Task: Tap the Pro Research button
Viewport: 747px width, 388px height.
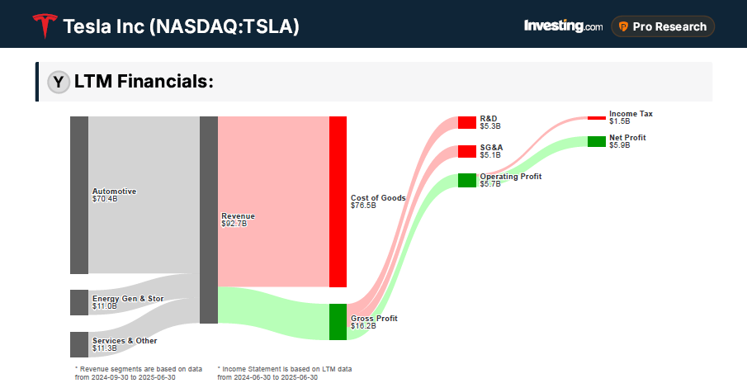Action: tap(663, 26)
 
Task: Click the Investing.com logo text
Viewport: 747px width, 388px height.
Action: tap(563, 26)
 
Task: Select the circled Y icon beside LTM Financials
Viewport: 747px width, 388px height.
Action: tap(58, 82)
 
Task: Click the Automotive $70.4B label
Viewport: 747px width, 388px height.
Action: tap(114, 195)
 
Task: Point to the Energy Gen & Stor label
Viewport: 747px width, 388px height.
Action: tap(127, 302)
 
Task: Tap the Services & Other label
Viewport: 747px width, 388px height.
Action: tap(124, 344)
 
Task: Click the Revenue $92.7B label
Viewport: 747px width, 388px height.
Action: tap(239, 220)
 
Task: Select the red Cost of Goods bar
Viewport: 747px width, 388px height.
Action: tap(338, 201)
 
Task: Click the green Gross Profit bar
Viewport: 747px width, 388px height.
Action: tap(338, 322)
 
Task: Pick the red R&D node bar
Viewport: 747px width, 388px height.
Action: tap(467, 122)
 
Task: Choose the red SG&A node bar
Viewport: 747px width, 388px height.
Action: tap(467, 151)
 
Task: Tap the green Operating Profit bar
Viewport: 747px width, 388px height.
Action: tap(467, 180)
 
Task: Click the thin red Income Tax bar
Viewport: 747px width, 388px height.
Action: tap(596, 117)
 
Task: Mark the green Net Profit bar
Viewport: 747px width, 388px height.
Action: tap(596, 141)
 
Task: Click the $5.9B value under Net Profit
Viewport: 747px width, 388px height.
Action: tap(619, 145)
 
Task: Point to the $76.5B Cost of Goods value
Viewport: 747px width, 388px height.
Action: tap(363, 206)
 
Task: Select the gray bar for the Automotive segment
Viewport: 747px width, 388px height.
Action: tap(79, 195)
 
